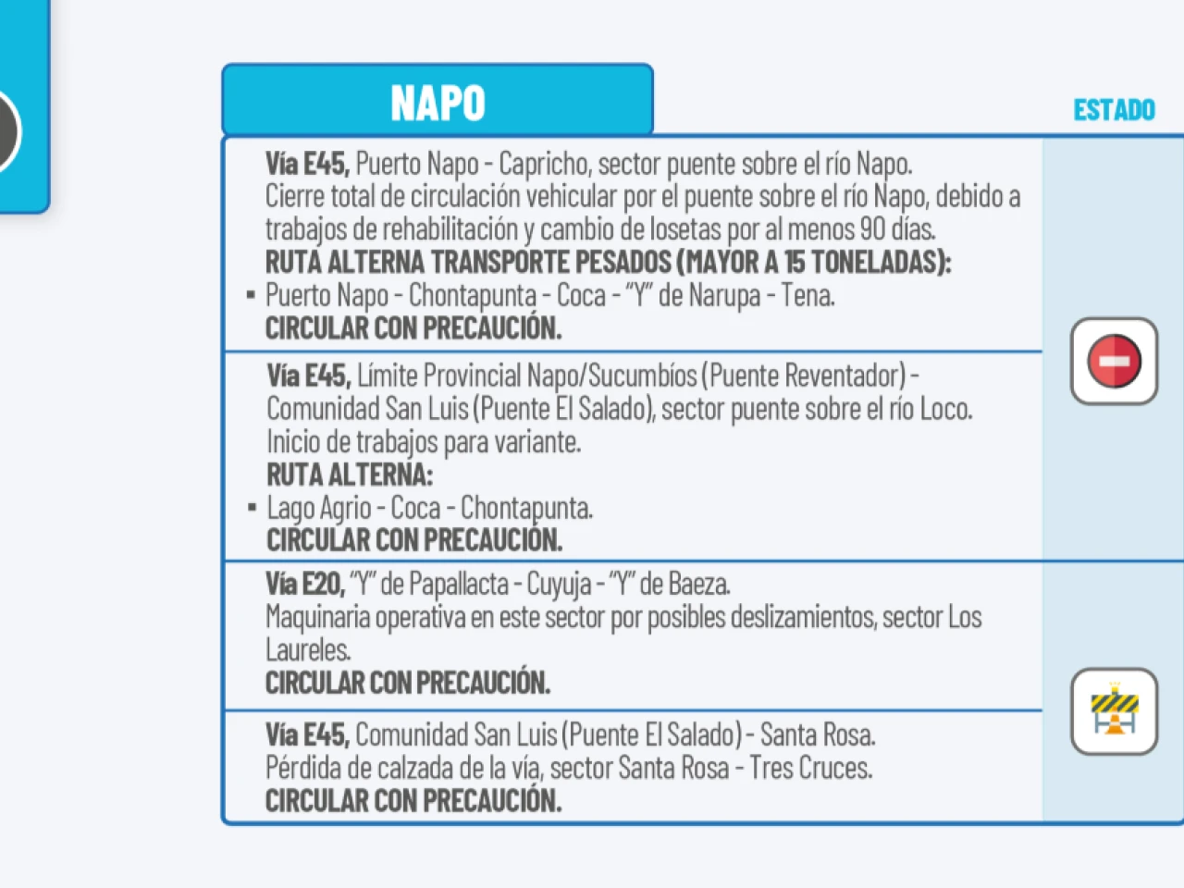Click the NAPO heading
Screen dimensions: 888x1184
point(438,103)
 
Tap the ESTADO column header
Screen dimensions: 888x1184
point(1114,110)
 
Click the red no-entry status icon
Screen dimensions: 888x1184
point(1114,361)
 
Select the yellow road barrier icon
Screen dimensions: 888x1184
point(1114,711)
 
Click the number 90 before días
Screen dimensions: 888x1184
point(872,228)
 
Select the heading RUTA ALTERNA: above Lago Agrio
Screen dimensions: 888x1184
point(350,475)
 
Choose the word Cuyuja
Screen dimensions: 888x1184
point(559,585)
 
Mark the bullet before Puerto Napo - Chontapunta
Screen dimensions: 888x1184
point(251,296)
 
